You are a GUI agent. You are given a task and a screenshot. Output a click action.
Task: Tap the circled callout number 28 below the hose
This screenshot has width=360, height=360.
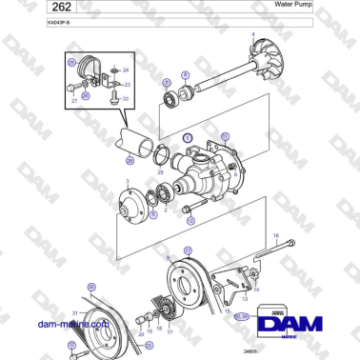(130, 160)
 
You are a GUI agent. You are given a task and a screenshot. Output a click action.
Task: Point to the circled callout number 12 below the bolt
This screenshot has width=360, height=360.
(190, 220)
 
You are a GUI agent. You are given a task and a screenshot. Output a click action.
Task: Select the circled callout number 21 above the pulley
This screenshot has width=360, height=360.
(188, 249)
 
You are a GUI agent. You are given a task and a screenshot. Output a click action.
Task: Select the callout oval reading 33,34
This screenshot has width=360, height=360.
(243, 315)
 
